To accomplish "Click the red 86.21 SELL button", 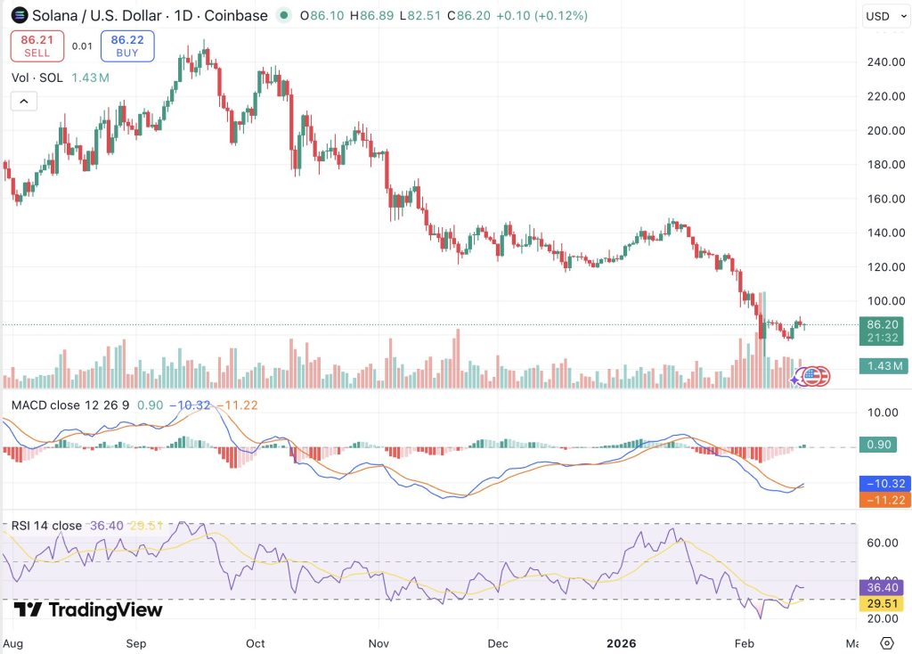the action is pos(37,46).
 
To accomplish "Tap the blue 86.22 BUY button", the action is pos(127,46).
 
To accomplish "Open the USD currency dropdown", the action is pos(886,16).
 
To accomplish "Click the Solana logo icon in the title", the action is pos(20,15).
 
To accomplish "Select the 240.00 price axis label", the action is pos(886,62).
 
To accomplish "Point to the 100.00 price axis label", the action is pos(886,301).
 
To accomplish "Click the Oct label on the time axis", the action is pos(256,643).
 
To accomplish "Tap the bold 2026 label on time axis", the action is pos(621,643).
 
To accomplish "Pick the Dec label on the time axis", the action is pos(498,643).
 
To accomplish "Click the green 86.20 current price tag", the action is pos(882,331).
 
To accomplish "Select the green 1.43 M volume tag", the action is pos(882,366).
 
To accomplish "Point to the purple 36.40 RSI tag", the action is pos(882,588).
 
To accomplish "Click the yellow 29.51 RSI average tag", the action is pos(882,603).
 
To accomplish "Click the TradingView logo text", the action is pos(88,609).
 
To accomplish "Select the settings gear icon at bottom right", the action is pos(887,643).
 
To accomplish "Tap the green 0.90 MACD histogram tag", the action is pos(878,445).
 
